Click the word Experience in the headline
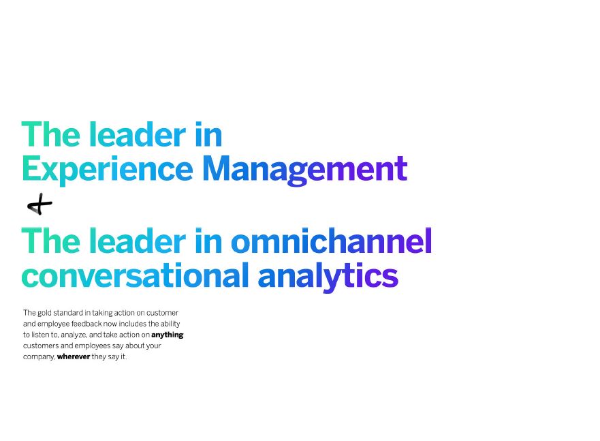[108, 169]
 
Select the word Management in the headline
[304, 169]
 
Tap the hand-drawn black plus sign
[40, 204]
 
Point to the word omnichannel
[332, 241]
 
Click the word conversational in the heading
[136, 275]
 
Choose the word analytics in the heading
[328, 276]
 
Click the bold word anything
[168, 335]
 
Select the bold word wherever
[74, 356]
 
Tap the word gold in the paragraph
[44, 313]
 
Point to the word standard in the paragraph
[67, 313]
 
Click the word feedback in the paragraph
[86, 324]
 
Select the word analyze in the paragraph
[74, 335]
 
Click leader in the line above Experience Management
[138, 134]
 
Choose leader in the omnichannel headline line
[138, 241]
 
